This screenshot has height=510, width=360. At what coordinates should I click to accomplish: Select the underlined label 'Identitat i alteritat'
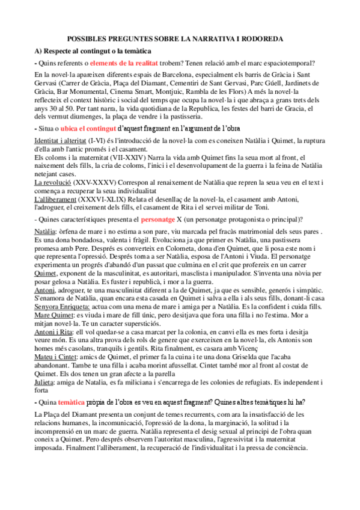click(x=60, y=140)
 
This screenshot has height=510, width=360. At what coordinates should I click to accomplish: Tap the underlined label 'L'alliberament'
click(x=57, y=198)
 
